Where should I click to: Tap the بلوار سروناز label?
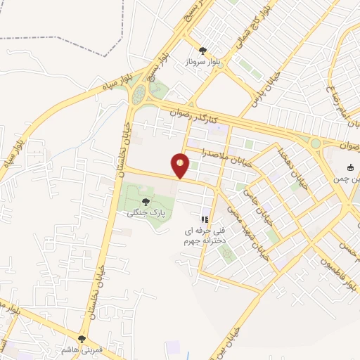click(203, 62)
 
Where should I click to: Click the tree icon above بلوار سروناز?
click(203, 50)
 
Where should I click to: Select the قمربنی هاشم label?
click(82, 349)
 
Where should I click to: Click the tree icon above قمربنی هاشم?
click(82, 338)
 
